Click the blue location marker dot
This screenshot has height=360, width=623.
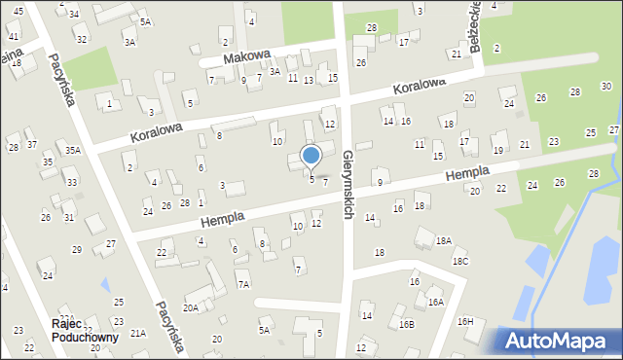(x=311, y=155)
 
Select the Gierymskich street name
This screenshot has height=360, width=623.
(x=348, y=185)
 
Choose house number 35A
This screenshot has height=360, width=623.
(x=72, y=150)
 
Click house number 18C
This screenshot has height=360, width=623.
(x=459, y=261)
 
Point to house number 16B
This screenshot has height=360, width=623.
(x=406, y=324)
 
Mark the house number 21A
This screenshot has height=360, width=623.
(x=138, y=333)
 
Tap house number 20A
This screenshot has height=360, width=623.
(x=191, y=307)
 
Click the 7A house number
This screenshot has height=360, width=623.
(x=243, y=284)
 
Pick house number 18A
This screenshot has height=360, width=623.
(x=443, y=240)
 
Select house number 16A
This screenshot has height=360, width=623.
(x=435, y=303)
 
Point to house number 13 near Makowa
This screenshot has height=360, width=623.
(x=308, y=80)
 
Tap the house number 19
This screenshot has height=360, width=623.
(x=497, y=150)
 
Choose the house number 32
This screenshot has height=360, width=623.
(x=81, y=39)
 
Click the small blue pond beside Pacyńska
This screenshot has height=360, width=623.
(x=104, y=285)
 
